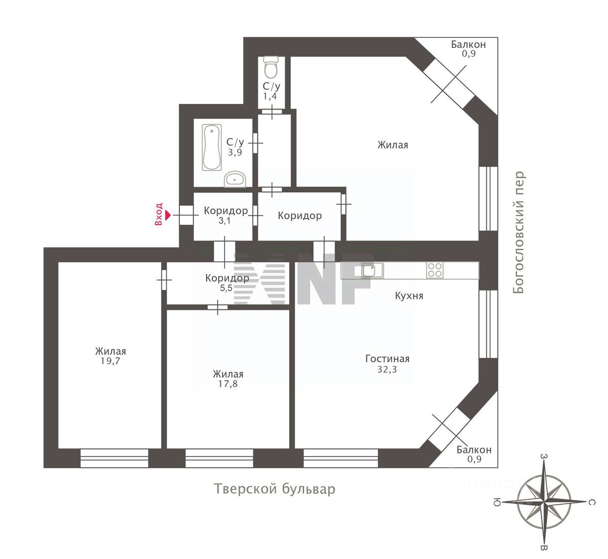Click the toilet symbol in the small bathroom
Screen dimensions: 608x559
tap(272, 66)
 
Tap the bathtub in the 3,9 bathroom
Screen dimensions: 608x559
tap(211, 148)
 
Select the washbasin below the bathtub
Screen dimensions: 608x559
tap(235, 179)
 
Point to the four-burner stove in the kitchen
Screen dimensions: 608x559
tap(434, 270)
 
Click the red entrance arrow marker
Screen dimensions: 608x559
tap(169, 216)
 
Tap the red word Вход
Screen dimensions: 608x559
tap(159, 214)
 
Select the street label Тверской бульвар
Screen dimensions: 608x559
tap(274, 490)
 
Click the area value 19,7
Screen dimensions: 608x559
tap(110, 361)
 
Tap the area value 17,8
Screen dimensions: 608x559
tap(227, 384)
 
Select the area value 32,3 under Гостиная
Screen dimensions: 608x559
tap(387, 369)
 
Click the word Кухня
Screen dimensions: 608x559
tap(409, 296)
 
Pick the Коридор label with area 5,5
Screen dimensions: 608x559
tap(227, 278)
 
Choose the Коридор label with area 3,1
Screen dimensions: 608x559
tap(225, 211)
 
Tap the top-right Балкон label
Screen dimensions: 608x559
tap(468, 45)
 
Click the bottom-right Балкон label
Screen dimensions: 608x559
tap(474, 450)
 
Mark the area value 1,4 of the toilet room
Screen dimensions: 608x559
tap(270, 96)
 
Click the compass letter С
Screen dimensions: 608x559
tap(591, 503)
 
